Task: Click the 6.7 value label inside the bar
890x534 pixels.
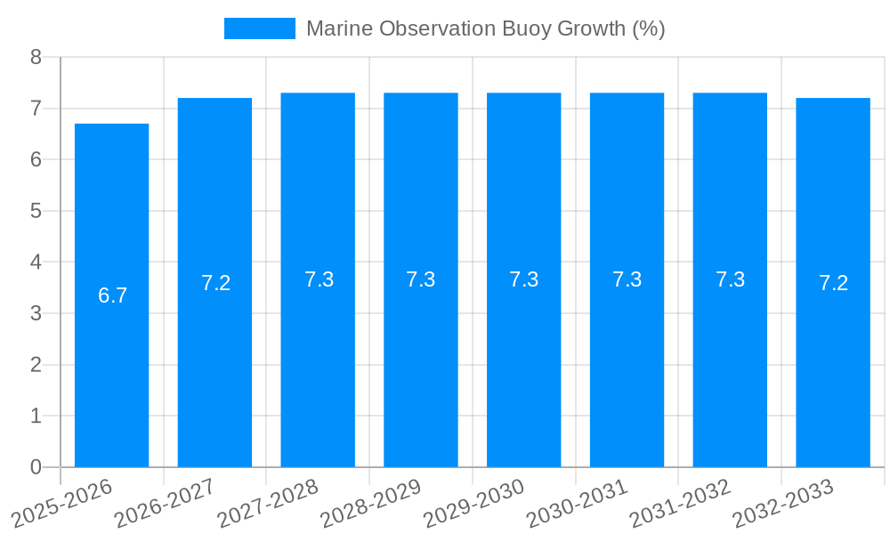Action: (x=112, y=295)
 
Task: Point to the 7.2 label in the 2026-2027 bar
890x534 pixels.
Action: (x=215, y=283)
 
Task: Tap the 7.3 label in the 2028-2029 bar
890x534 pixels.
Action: (x=421, y=279)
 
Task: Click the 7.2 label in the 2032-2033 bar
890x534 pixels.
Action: (x=833, y=283)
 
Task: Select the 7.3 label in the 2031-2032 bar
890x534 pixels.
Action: (x=730, y=279)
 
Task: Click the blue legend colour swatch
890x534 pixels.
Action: (x=259, y=28)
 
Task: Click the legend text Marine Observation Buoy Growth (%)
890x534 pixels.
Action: (x=485, y=28)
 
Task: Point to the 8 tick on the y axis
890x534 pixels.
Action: (x=36, y=57)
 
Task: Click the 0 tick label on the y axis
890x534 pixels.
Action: (x=36, y=467)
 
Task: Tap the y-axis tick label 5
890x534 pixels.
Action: (x=36, y=211)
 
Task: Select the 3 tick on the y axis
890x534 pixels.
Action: (x=36, y=313)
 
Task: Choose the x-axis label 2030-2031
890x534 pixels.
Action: (x=578, y=503)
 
